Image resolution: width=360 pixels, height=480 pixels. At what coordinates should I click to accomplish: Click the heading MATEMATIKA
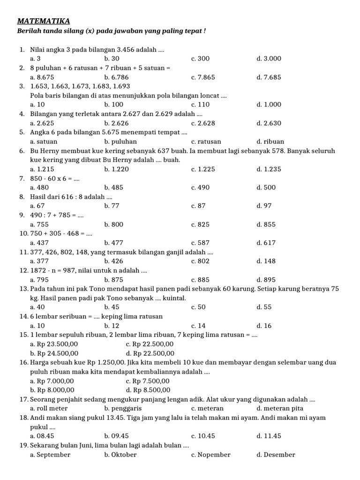click(x=43, y=21)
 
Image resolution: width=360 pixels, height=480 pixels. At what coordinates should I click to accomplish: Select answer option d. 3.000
click(x=269, y=59)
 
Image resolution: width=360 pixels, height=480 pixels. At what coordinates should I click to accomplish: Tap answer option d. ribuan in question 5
click(x=270, y=141)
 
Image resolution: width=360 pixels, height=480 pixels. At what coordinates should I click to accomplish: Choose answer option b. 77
click(x=112, y=206)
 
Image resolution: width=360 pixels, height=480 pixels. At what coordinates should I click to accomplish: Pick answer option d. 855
click(x=266, y=224)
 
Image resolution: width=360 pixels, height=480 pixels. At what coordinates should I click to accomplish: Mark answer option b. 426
click(x=114, y=261)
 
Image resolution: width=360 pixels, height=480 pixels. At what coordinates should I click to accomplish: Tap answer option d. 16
click(x=264, y=325)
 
